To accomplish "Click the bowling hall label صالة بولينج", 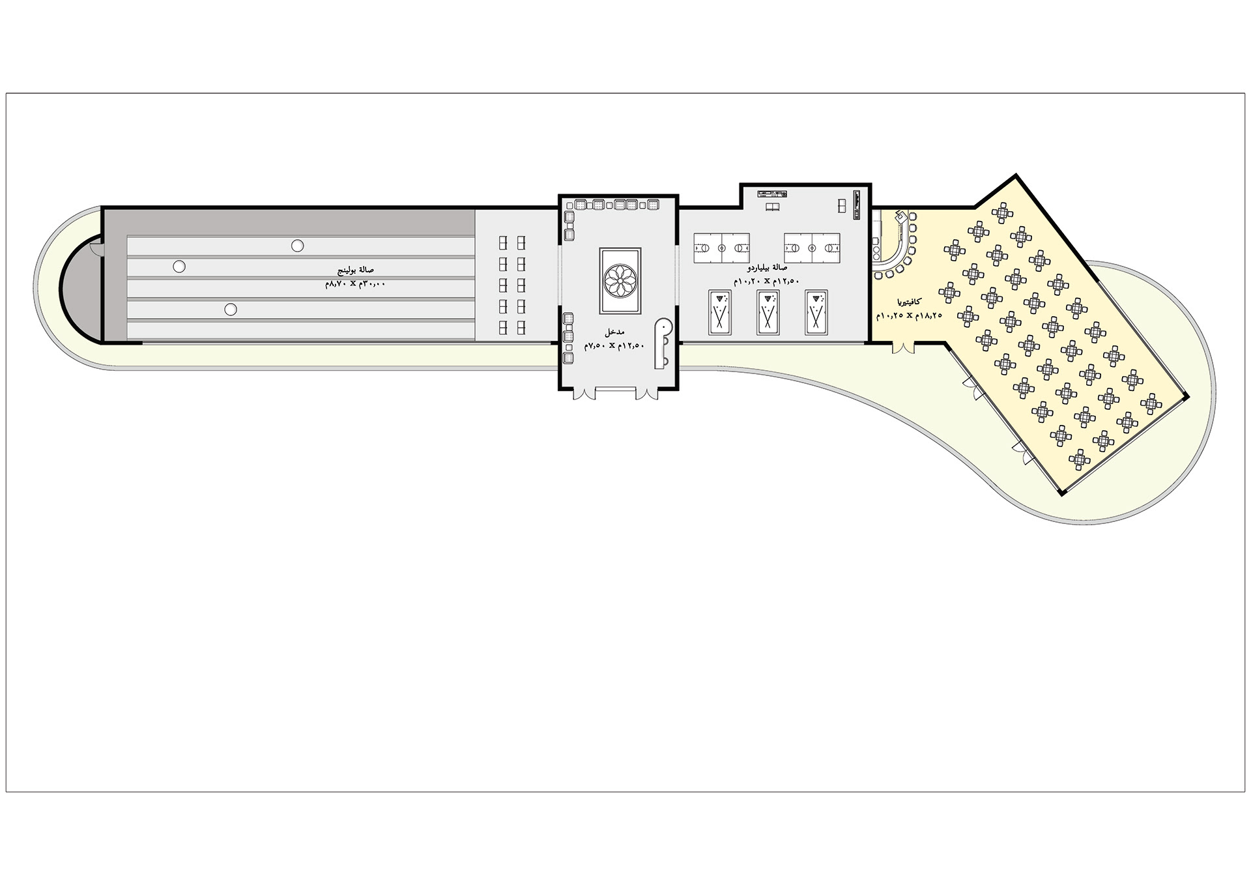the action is click(355, 269).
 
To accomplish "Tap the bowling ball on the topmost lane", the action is click(297, 246).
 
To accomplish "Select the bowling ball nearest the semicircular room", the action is click(179, 267).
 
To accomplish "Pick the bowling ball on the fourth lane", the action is click(230, 310).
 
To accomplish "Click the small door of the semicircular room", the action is click(96, 248).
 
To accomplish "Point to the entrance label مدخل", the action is click(614, 332).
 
